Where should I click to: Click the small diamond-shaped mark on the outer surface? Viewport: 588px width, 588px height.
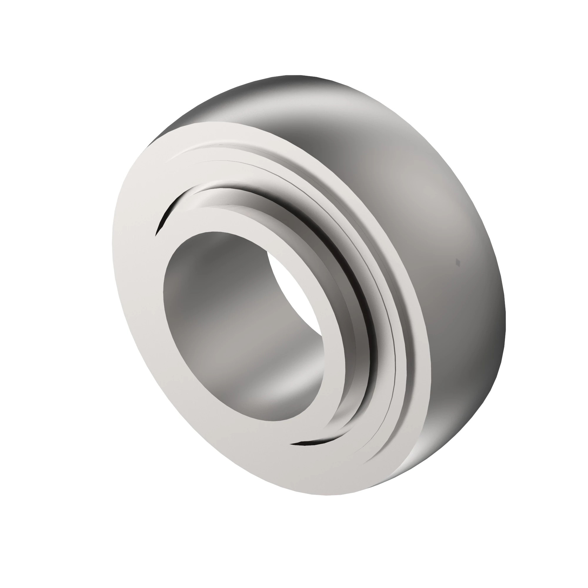pos(457,262)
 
